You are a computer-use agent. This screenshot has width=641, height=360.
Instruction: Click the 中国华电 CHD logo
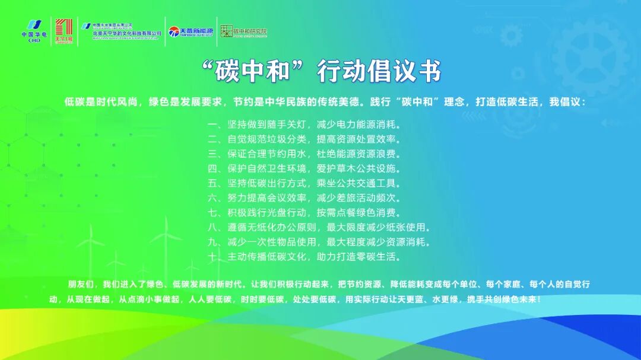pyautogui.click(x=34, y=31)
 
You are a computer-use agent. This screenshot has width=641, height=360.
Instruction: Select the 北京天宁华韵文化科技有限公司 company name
pyautogui.click(x=127, y=34)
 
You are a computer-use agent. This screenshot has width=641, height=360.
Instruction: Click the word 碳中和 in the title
pyautogui.click(x=253, y=72)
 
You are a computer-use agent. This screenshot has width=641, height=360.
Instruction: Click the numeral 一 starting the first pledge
pyautogui.click(x=212, y=126)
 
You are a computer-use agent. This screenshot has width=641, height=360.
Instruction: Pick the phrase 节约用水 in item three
pyautogui.click(x=286, y=155)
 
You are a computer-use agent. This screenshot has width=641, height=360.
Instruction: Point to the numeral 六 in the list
pyautogui.click(x=212, y=198)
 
